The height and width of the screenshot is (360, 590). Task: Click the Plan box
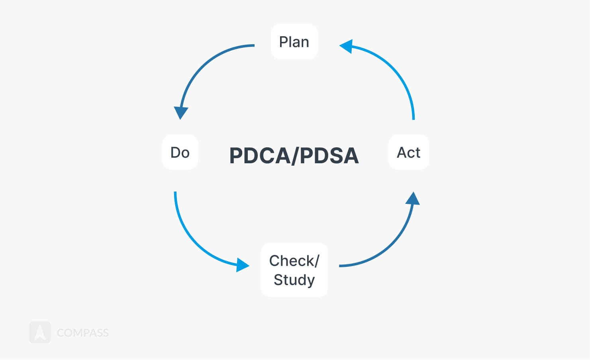[x=294, y=41]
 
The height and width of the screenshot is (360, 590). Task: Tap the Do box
[x=180, y=152]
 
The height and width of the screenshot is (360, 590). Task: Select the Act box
[x=409, y=152]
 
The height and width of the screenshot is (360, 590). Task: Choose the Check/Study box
[x=294, y=270]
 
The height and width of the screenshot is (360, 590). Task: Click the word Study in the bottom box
[x=294, y=280]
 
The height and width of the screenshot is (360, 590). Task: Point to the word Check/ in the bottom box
[x=294, y=261]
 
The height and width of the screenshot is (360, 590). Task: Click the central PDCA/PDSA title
[x=294, y=156]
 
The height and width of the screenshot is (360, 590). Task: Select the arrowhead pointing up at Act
[x=412, y=198]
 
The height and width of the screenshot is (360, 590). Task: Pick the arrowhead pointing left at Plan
[x=346, y=46]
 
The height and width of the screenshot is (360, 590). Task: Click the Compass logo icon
[x=40, y=333]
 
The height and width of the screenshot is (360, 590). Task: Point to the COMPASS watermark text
[x=83, y=333]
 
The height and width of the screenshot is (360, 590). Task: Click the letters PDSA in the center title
[x=329, y=156]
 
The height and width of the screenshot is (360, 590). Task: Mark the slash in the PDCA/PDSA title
[x=295, y=156]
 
